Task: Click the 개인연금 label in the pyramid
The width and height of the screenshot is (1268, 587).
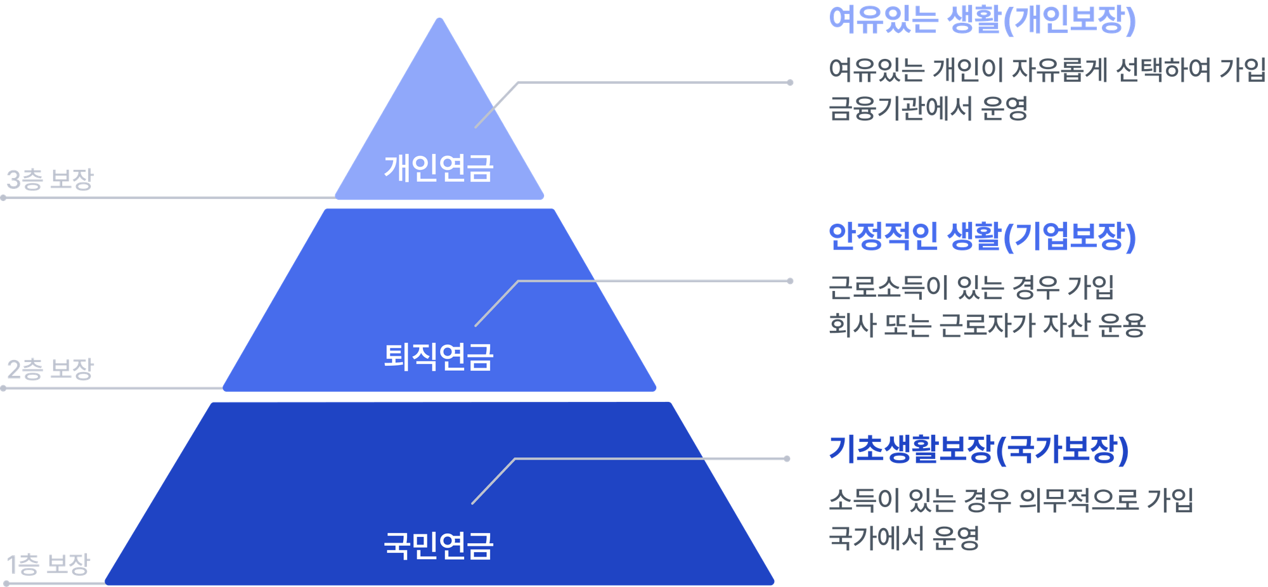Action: [438, 169]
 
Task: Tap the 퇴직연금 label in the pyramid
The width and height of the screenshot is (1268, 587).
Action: [438, 356]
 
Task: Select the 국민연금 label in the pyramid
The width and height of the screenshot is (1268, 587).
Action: [438, 545]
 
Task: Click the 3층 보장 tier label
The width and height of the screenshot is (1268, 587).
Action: [49, 179]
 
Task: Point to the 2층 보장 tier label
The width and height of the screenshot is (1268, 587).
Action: [50, 369]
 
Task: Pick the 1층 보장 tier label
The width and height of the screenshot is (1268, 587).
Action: [48, 564]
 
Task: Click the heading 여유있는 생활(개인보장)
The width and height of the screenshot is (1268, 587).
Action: [982, 20]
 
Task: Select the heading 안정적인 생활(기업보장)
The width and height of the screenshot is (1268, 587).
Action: [982, 236]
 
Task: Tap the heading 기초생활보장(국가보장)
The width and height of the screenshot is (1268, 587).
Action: [979, 450]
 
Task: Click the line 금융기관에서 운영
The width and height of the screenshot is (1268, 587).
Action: [928, 108]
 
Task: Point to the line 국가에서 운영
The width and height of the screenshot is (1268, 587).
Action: [904, 538]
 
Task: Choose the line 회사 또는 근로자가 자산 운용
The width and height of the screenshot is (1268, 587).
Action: [987, 325]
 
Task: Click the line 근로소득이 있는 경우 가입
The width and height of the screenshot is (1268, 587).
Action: [971, 288]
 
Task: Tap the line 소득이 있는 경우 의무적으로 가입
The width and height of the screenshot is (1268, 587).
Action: [1011, 500]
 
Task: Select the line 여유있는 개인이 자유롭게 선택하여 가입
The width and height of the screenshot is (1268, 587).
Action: [1047, 70]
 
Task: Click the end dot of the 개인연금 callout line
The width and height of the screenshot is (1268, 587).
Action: [790, 82]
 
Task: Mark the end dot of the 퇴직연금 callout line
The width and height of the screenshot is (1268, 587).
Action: [790, 281]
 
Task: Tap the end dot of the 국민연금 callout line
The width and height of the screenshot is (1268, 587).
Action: [787, 458]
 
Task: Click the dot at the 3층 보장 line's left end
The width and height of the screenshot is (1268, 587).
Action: [4, 198]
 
